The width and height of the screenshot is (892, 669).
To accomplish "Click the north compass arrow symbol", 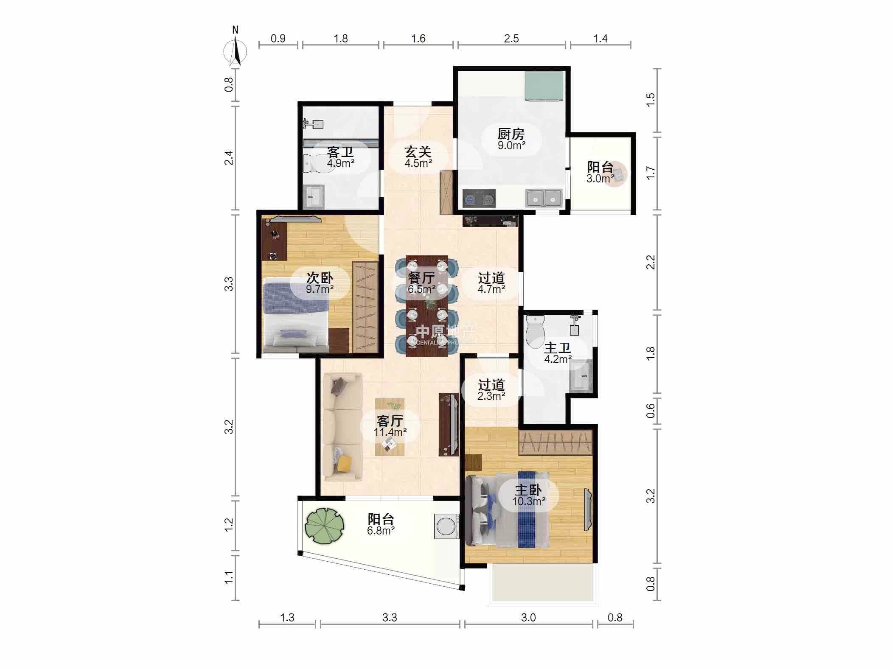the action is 236,51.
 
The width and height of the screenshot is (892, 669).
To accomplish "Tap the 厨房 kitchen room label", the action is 511,134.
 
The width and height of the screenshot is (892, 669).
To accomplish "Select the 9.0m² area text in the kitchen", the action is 512,146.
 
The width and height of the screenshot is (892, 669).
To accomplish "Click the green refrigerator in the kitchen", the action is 544,86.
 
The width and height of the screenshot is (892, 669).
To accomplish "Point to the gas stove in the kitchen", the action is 479,198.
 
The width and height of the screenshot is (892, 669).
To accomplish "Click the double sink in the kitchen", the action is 544,198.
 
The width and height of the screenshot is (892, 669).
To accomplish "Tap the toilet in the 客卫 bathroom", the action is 314,163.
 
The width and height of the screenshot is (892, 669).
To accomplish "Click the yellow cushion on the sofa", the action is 344,463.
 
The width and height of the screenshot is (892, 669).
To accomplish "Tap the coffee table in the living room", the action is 390,427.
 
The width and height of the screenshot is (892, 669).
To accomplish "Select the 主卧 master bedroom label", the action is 528,490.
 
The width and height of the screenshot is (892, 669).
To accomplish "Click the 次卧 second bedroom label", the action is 320,278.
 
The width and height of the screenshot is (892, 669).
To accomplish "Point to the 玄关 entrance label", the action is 418,151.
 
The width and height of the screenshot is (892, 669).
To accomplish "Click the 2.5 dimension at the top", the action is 511,39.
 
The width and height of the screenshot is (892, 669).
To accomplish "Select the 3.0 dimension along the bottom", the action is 528,617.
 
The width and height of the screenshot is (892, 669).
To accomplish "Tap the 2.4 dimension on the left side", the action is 229,158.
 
